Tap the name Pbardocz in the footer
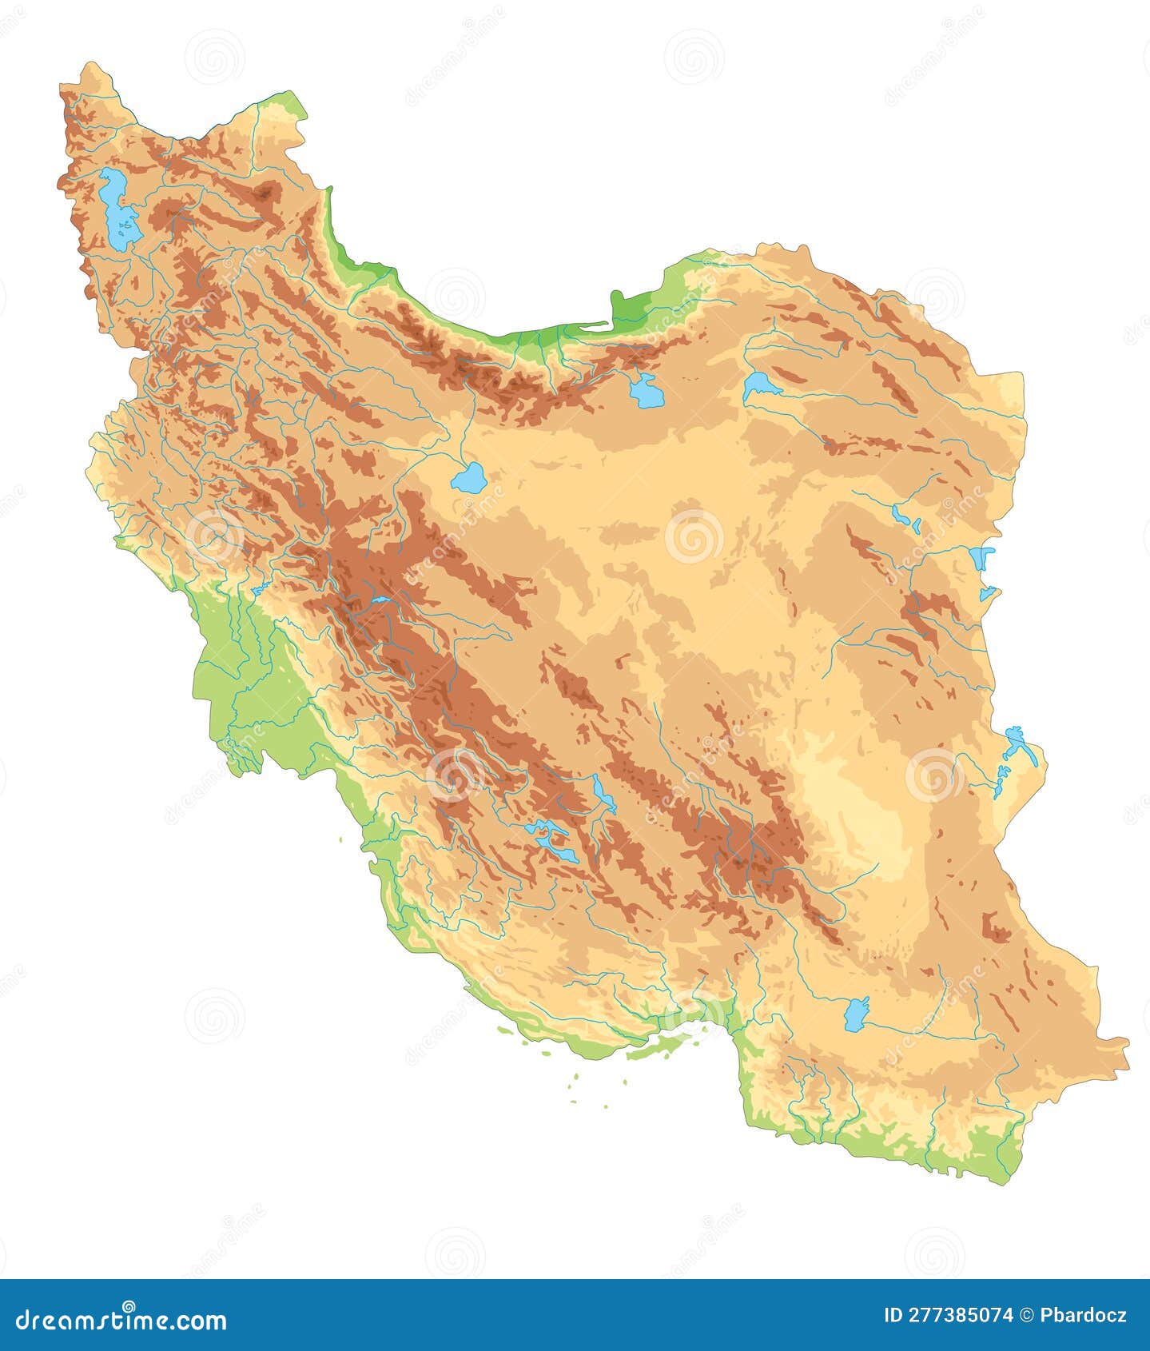click(1084, 1315)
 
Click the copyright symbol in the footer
click(1026, 1315)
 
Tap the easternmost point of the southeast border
click(1128, 1043)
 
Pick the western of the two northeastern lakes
click(647, 391)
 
